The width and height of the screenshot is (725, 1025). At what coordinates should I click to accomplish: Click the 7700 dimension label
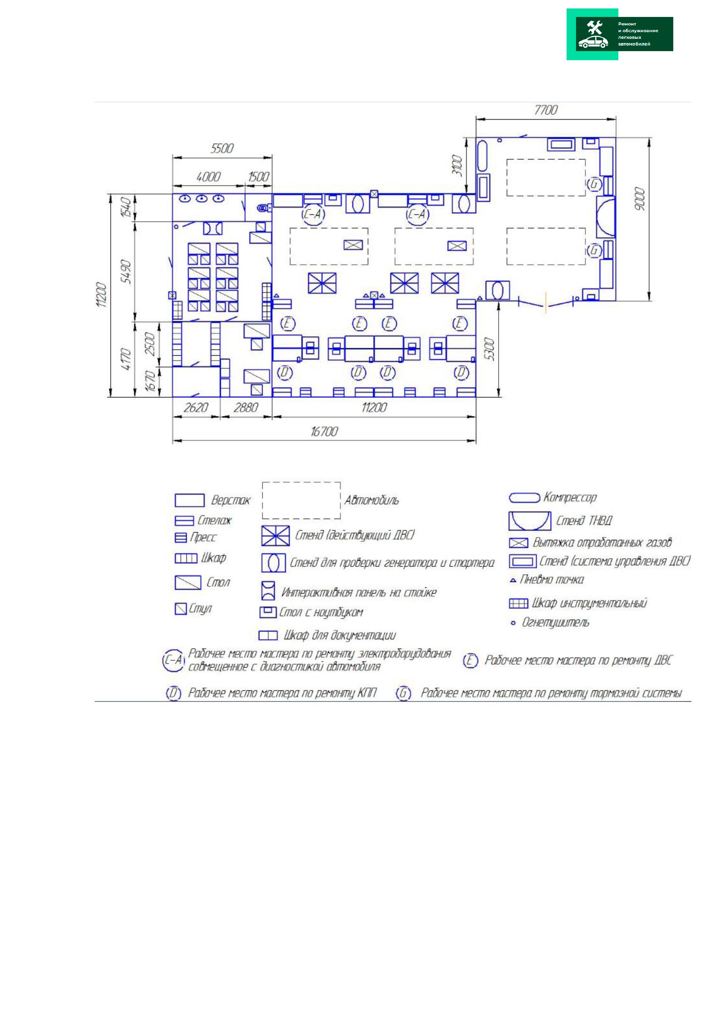point(546,110)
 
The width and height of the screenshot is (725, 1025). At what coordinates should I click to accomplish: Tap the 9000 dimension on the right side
point(640,199)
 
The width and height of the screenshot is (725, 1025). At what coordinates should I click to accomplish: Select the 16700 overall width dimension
point(324,431)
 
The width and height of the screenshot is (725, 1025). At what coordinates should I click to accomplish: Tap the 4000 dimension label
point(208,177)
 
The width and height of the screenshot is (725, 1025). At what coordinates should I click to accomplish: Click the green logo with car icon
point(620,34)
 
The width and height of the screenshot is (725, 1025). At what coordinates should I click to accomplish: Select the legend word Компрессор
point(570,497)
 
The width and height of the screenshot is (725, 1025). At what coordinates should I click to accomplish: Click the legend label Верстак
point(230,500)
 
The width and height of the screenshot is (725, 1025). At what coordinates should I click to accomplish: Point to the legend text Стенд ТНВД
point(584,521)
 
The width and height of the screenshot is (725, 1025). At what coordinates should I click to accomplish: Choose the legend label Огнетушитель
point(555,622)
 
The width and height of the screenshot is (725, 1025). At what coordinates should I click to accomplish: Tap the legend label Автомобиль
point(371,500)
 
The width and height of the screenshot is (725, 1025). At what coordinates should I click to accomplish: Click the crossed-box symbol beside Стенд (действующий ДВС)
point(276,536)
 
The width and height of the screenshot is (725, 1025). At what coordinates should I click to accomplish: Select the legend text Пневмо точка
point(552,579)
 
